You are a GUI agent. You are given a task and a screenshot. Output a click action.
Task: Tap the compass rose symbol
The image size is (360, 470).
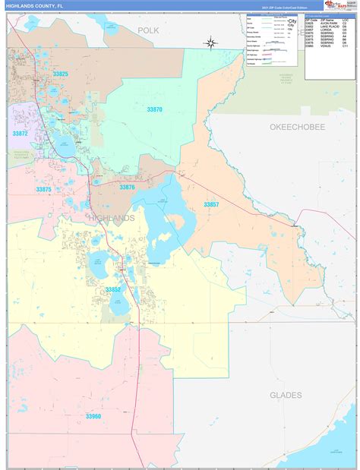coord(212,43)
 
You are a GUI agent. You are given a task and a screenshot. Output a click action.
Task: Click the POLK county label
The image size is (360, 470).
coord(149,30)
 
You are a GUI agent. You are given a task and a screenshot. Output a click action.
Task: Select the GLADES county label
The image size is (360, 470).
coord(286,395)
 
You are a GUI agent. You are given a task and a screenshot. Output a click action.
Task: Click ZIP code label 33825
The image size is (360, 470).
coord(60,74)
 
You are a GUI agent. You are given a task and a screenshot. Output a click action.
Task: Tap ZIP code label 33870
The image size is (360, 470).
coord(154,109)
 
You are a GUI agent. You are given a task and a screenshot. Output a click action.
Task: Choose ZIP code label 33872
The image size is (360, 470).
coord(20,134)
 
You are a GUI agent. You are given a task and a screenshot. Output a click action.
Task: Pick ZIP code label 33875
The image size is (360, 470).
coord(43,190)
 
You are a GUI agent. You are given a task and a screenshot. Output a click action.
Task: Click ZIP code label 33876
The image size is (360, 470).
coord(127,187)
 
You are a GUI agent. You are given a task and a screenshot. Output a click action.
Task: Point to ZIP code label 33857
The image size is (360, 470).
coord(211,205)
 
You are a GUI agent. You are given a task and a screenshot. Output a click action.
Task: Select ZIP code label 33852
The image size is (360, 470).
coord(113,289)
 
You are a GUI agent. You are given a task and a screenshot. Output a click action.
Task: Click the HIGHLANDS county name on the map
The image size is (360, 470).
coord(112,218)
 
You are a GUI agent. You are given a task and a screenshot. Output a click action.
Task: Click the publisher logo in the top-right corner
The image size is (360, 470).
coord(340,5)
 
